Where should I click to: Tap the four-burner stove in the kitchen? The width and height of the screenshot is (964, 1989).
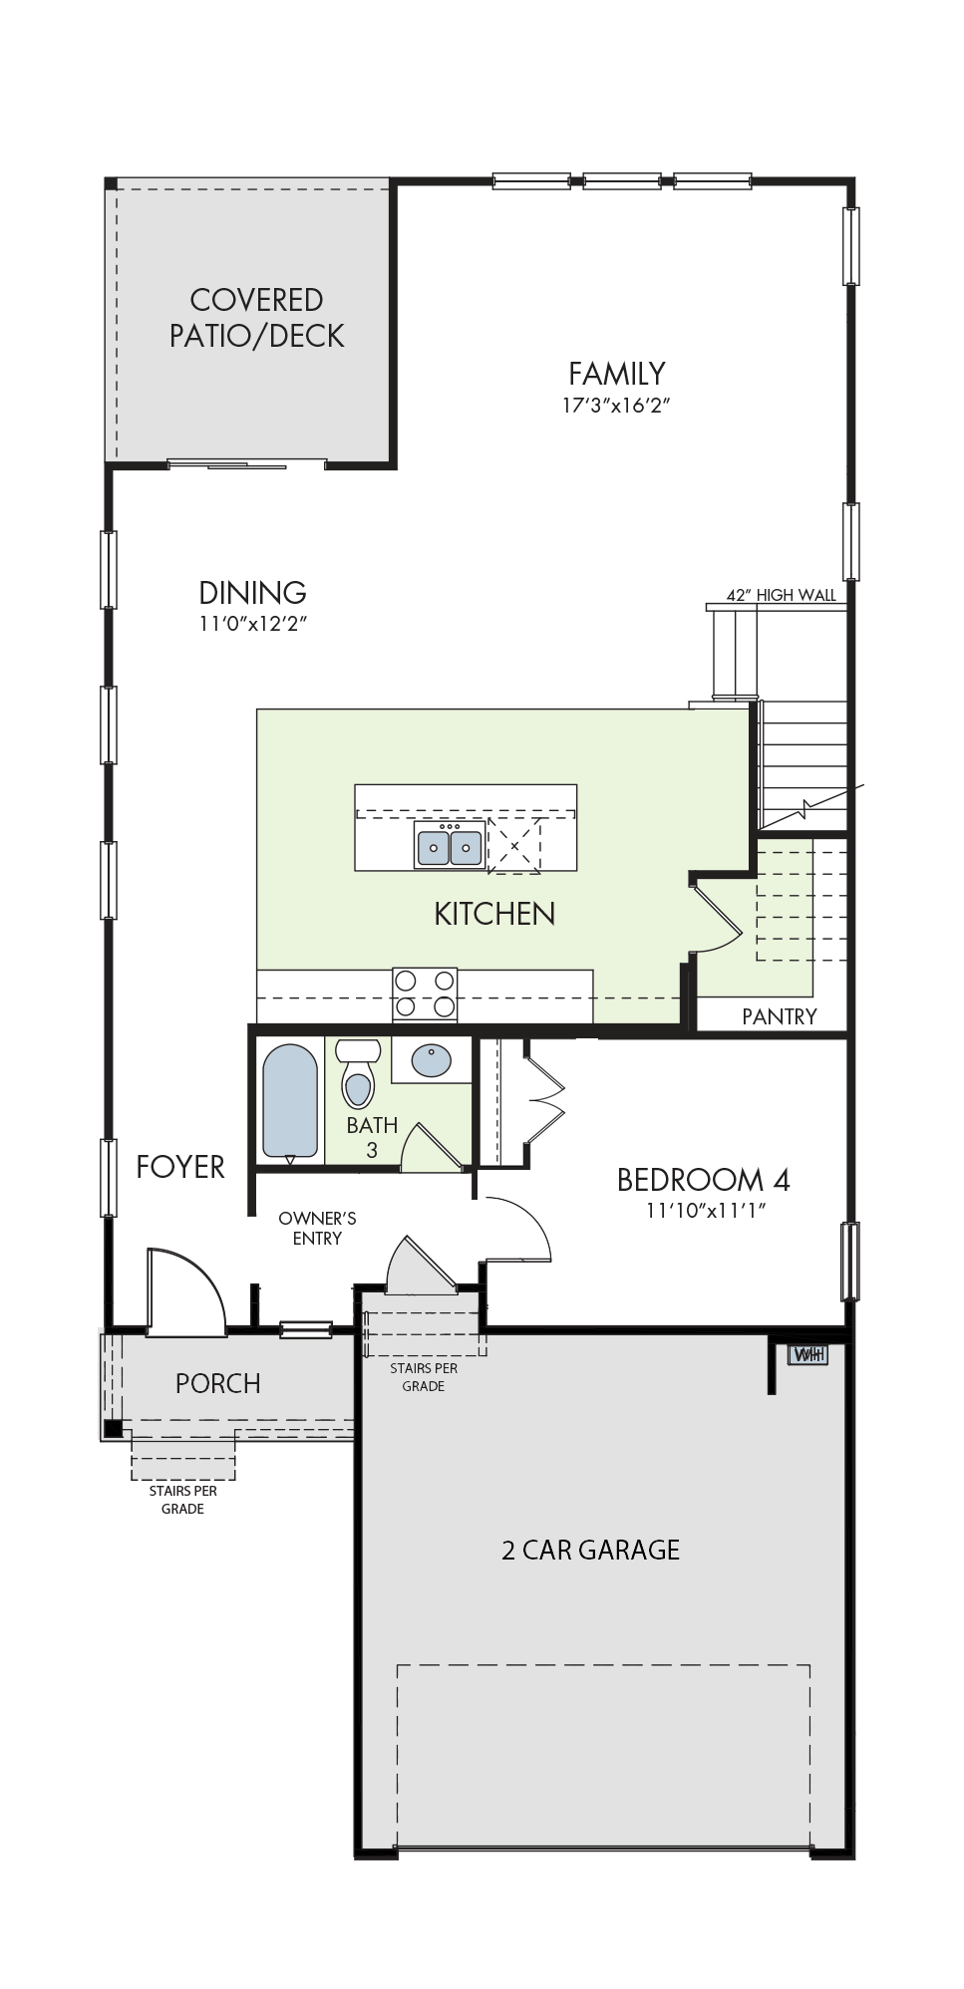[425, 994]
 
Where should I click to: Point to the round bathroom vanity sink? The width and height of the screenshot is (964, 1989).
[431, 1060]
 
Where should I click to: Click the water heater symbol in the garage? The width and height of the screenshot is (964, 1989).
[807, 1354]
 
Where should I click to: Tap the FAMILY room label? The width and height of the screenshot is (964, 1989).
[616, 374]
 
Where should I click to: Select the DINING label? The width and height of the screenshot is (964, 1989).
[252, 593]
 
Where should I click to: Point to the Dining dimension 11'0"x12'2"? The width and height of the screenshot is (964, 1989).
[252, 625]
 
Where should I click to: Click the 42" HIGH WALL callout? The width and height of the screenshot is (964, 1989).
[781, 595]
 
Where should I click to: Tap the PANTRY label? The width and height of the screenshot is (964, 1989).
[780, 1016]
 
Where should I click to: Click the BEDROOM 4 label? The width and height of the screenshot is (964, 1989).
[704, 1180]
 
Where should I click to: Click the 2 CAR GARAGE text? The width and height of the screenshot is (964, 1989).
[590, 1550]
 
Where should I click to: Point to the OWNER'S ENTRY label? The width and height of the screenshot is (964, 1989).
[317, 1229]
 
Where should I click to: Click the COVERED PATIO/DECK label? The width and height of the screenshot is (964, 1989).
[256, 318]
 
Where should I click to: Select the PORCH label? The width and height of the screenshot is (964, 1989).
[217, 1383]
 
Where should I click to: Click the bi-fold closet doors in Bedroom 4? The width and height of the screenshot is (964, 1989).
[545, 1100]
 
